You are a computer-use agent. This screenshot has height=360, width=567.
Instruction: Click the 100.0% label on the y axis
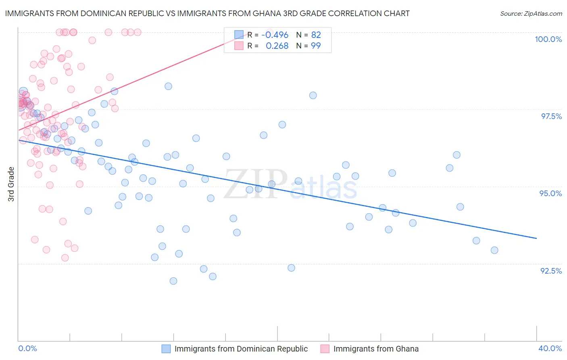tap(548, 39)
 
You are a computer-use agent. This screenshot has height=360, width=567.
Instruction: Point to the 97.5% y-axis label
tap(551, 116)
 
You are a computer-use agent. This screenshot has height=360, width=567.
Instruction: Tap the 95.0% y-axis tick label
tap(550, 193)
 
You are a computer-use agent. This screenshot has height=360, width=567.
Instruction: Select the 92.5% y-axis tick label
tap(551, 271)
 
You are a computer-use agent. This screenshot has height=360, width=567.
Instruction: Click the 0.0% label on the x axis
tap(27, 348)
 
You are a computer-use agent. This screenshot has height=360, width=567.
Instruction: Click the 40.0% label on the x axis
tap(550, 348)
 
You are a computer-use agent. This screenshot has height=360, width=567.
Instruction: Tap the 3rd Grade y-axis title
tap(11, 184)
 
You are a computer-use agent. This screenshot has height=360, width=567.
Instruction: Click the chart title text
tap(207, 13)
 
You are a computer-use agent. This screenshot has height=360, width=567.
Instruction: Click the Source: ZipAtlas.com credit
tap(531, 13)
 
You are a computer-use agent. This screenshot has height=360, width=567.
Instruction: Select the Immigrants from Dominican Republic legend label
tap(241, 349)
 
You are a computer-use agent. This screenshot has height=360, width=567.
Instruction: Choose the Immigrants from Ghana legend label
tap(376, 349)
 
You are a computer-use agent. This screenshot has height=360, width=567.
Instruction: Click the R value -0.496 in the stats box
tap(275, 35)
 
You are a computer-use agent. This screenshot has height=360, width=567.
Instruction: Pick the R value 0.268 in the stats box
tap(277, 46)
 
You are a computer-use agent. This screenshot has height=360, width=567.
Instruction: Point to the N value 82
tap(316, 35)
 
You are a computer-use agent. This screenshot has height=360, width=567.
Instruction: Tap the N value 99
tap(316, 46)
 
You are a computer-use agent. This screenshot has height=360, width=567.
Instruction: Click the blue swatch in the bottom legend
tap(166, 349)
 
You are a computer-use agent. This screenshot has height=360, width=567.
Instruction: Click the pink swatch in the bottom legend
tap(325, 349)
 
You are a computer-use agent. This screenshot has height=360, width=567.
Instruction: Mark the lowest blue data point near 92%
tap(173, 281)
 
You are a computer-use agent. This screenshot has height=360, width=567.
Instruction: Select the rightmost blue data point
tap(494, 250)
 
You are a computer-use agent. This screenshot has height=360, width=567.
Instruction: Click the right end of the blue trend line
tap(536, 239)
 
